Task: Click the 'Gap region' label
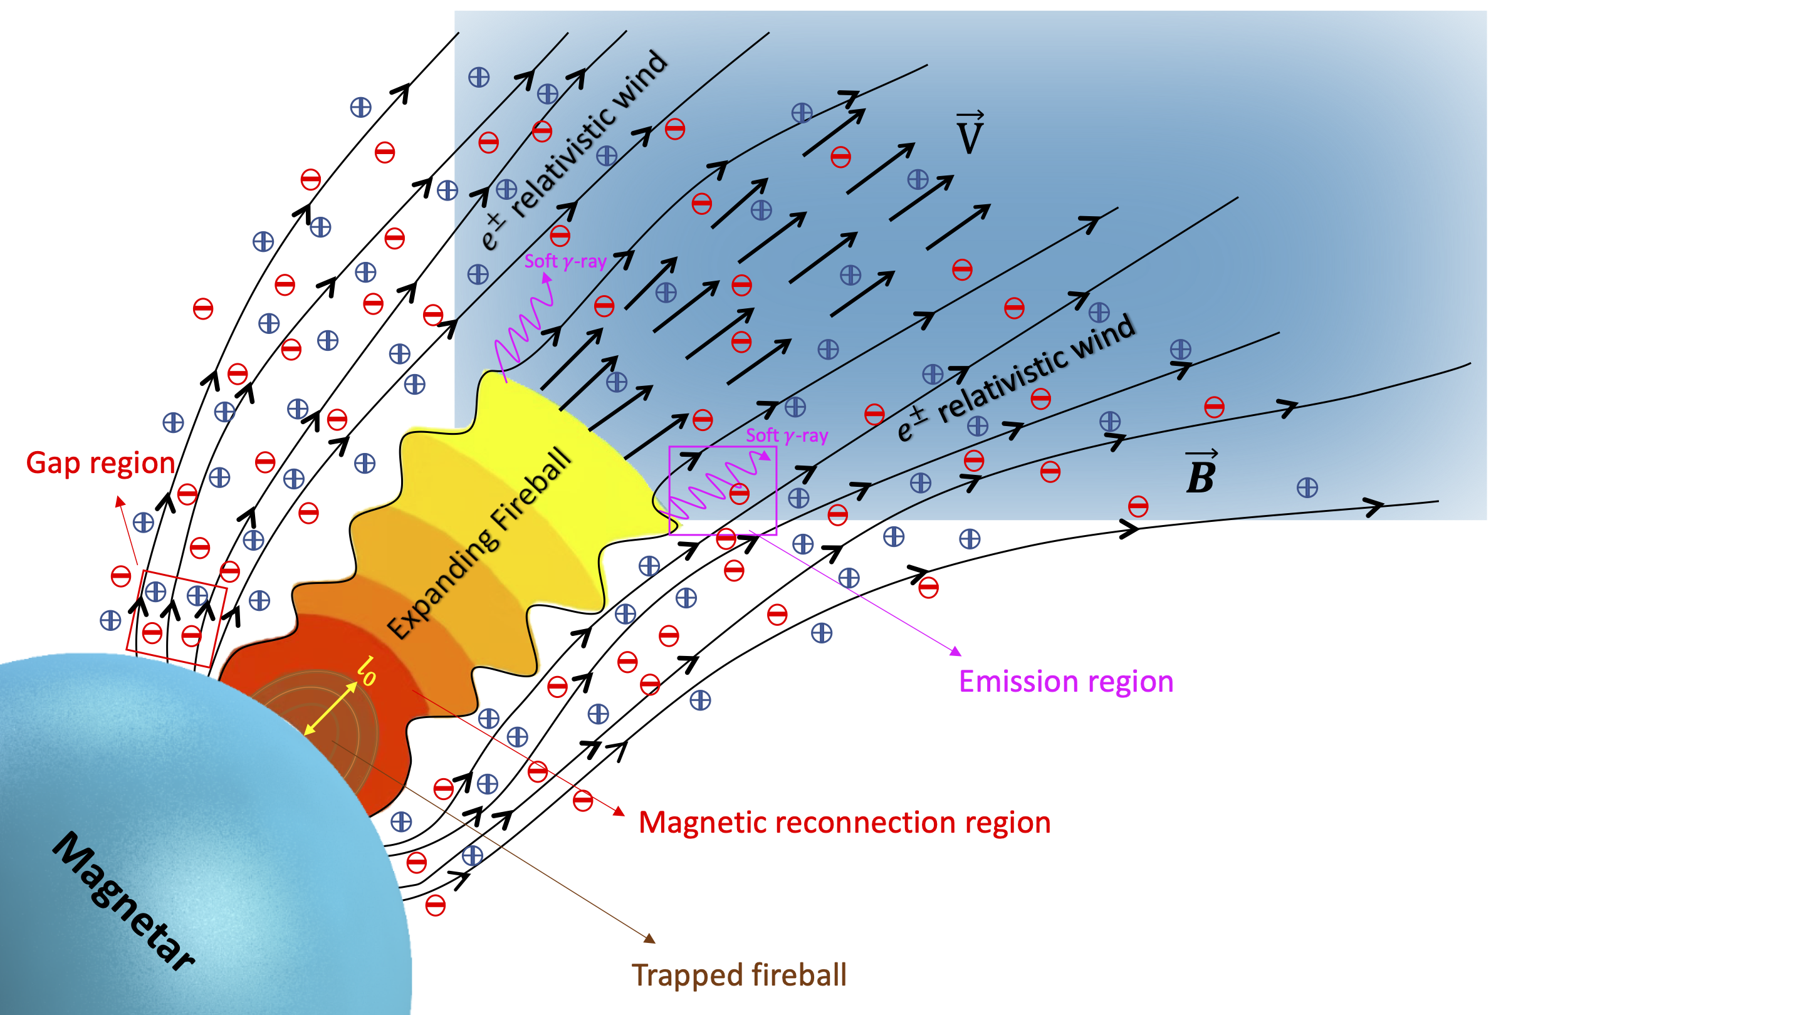click(100, 463)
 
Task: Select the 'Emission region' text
click(1065, 682)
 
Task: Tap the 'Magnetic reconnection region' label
click(844, 823)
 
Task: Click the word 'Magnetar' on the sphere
click(124, 902)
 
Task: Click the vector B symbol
click(1200, 474)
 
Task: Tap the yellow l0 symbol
click(367, 670)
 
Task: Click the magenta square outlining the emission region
click(723, 491)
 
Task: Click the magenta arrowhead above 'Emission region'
click(955, 651)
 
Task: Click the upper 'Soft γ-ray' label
click(565, 261)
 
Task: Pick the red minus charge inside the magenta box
click(738, 494)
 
